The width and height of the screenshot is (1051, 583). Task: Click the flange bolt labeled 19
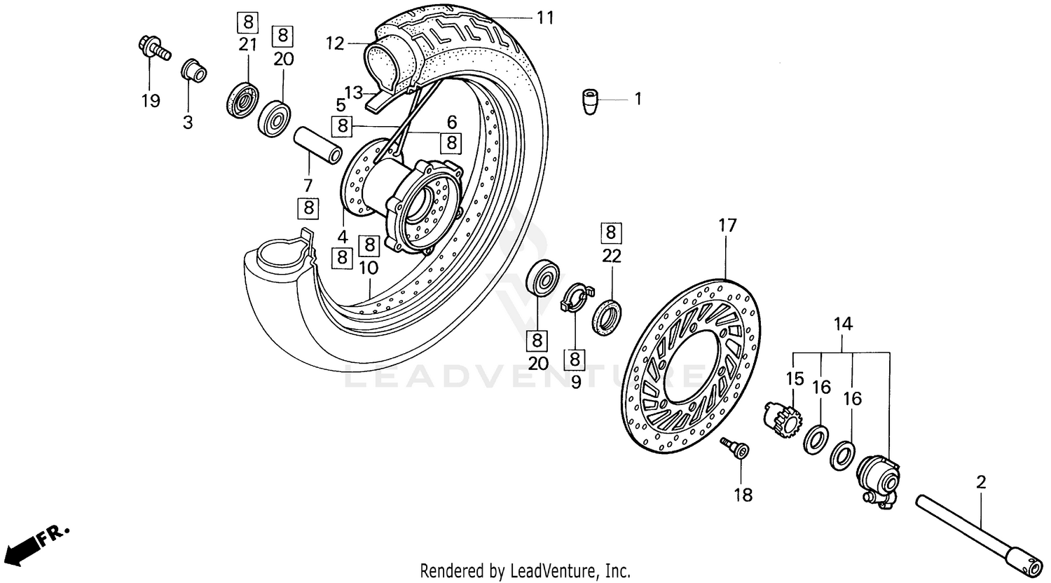coord(153,49)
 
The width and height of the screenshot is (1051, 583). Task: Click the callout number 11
coord(544,18)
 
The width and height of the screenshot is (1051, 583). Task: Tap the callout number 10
coord(369,268)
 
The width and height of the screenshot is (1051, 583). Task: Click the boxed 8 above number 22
coord(611,231)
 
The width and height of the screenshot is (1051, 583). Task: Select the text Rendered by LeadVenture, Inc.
coord(525,570)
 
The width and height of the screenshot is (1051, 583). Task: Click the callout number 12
coord(336,43)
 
